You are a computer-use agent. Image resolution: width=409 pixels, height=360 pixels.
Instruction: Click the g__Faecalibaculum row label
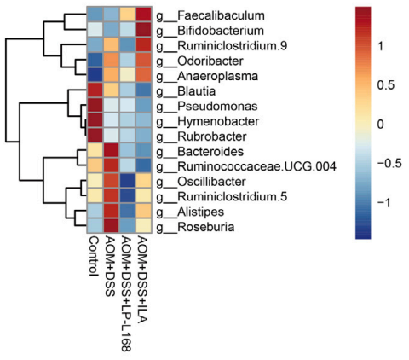coord(210,15)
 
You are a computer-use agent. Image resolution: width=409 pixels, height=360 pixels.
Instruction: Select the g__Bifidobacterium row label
coord(210,31)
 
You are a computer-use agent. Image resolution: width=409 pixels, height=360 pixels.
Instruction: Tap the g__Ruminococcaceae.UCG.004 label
coord(246,166)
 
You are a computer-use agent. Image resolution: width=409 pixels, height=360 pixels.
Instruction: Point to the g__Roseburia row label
coord(195,227)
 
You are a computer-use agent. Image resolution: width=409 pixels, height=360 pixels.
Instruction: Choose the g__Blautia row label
coord(186,91)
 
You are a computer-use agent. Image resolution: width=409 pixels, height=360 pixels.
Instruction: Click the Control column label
coord(93,256)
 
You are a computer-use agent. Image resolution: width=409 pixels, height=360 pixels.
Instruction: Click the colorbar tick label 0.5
coord(386,85)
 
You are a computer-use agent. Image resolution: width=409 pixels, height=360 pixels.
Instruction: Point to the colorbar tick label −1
coord(384,202)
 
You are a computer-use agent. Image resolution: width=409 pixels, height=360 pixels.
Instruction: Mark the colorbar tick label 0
coord(380,125)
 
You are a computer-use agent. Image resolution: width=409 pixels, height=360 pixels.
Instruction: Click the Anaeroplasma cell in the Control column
coord(95,76)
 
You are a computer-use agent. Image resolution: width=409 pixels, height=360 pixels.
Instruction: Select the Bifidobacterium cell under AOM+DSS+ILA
coord(144,31)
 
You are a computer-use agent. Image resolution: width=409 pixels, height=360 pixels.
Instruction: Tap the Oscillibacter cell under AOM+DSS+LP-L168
coord(128,182)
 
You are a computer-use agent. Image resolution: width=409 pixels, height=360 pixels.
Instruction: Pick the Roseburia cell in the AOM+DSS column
coord(112,227)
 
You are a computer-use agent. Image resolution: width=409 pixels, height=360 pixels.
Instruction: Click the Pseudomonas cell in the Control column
coord(95,106)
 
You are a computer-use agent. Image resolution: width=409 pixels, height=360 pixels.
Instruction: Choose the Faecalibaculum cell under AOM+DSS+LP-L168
coord(128,15)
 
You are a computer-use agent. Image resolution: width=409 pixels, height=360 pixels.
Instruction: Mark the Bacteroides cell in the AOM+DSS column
coord(112,152)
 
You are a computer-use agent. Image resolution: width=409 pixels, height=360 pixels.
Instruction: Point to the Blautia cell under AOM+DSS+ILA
coord(144,91)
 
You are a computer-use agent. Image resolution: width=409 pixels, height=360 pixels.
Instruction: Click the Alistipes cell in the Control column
coord(95,212)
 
